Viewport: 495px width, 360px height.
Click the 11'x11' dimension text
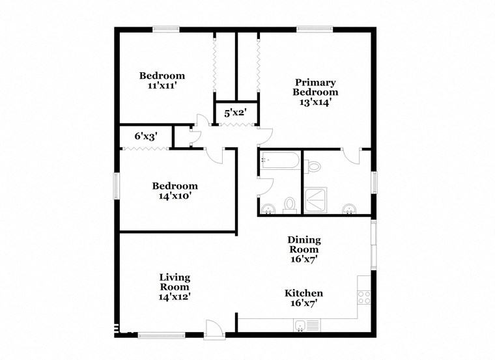(162, 85)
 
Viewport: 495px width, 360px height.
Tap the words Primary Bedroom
(316, 87)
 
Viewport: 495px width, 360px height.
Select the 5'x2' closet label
(235, 113)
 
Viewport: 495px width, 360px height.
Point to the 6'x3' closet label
(145, 137)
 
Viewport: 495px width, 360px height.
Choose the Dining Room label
(304, 245)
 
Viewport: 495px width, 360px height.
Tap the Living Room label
(175, 283)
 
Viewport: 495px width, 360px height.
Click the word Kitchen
(304, 294)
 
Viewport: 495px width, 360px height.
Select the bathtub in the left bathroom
(279, 160)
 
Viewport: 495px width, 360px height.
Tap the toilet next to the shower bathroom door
(315, 167)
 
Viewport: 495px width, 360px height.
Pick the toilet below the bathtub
(290, 206)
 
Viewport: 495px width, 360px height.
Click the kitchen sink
(302, 326)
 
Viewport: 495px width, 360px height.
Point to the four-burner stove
(364, 297)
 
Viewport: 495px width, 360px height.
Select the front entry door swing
(213, 328)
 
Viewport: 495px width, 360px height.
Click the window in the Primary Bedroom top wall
(315, 29)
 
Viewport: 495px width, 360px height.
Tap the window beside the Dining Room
(373, 245)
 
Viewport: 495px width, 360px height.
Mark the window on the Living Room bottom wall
(157, 335)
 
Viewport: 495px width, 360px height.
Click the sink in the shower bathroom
(350, 208)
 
